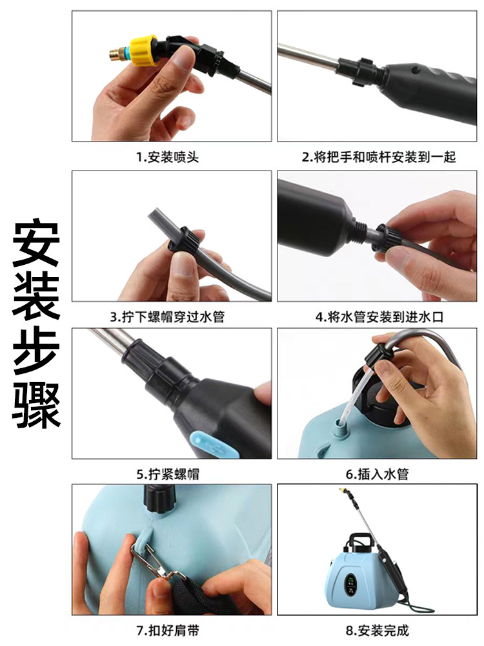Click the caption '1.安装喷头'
tap(171, 158)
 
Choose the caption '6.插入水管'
tap(378, 474)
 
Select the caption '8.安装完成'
tap(378, 630)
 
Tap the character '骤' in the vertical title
tap(37, 404)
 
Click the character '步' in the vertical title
tap(37, 351)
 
